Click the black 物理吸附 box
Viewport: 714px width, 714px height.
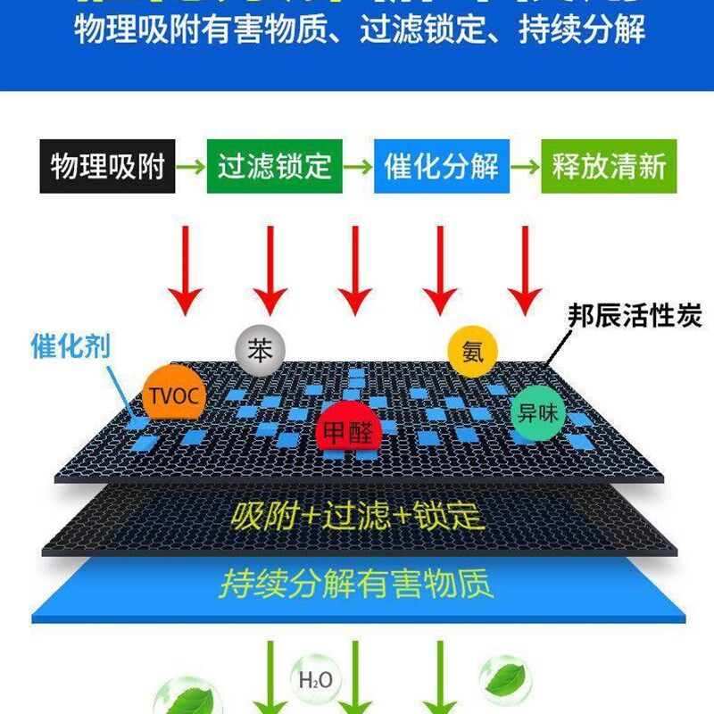pyautogui.click(x=107, y=166)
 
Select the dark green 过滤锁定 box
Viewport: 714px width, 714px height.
pyautogui.click(x=274, y=166)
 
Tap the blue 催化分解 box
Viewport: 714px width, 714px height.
pyautogui.click(x=441, y=166)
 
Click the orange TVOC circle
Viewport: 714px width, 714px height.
pyautogui.click(x=175, y=394)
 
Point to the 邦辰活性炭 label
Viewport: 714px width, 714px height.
pyautogui.click(x=635, y=316)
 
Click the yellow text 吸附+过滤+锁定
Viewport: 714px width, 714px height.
pyautogui.click(x=356, y=516)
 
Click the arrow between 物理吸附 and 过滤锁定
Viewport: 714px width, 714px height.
pyautogui.click(x=190, y=166)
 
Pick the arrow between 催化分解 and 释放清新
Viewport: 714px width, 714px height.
pyautogui.click(x=525, y=166)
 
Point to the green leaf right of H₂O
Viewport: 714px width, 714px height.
pyautogui.click(x=504, y=678)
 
